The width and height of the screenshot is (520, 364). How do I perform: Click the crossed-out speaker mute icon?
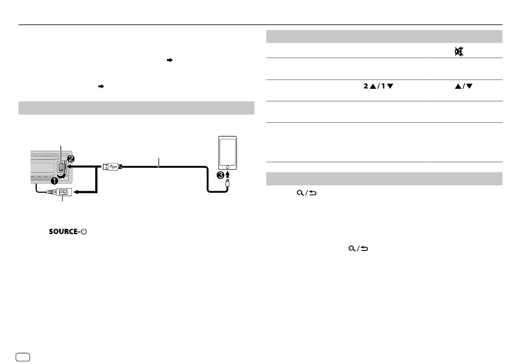(x=459, y=52)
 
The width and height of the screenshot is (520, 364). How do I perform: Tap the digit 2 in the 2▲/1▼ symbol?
(x=366, y=86)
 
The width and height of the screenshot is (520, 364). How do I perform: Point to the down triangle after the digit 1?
(x=390, y=87)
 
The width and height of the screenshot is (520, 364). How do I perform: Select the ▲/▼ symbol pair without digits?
(x=464, y=87)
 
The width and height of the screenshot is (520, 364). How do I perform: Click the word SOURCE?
(x=63, y=231)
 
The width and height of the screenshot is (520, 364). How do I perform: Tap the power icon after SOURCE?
(x=84, y=231)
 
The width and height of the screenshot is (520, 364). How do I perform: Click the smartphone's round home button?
(x=228, y=167)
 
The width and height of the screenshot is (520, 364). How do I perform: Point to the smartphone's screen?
(x=228, y=151)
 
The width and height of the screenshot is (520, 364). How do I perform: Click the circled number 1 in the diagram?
(x=54, y=181)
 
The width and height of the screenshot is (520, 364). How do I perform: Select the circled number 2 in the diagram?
(x=71, y=159)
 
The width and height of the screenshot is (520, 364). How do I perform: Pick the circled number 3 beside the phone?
(x=221, y=175)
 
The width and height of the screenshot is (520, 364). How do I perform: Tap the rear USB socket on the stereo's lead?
(x=63, y=192)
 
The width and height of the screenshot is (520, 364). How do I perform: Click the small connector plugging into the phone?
(x=228, y=184)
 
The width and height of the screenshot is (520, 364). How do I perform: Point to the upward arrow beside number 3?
(x=228, y=175)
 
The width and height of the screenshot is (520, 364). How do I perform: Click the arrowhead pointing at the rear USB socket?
(x=76, y=192)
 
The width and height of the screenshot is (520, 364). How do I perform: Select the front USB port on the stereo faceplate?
(x=62, y=166)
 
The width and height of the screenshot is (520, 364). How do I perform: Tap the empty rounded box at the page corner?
(x=22, y=357)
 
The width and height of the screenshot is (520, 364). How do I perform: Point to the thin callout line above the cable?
(x=159, y=162)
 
